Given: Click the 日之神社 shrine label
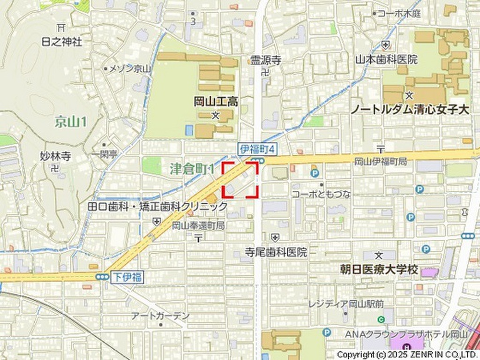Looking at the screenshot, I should (61, 42).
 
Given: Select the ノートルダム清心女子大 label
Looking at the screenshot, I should (410, 110).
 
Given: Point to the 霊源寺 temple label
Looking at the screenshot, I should (265, 60).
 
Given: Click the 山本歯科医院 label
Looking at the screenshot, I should (386, 60).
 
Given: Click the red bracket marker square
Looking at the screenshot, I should (240, 179).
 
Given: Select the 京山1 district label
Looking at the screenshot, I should (71, 122).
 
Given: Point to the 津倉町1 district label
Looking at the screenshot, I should (192, 168).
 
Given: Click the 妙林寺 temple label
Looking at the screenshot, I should (55, 156).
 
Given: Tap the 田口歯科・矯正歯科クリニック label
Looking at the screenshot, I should (158, 206).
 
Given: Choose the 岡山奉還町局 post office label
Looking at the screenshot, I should (198, 225).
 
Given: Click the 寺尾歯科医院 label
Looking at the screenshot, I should (276, 252).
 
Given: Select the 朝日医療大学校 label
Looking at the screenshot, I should (379, 270).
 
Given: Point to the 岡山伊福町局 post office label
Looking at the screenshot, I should (380, 161).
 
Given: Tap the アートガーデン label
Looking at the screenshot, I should (161, 316).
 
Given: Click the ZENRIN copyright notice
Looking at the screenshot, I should (407, 354).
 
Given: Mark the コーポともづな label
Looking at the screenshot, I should (321, 194).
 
